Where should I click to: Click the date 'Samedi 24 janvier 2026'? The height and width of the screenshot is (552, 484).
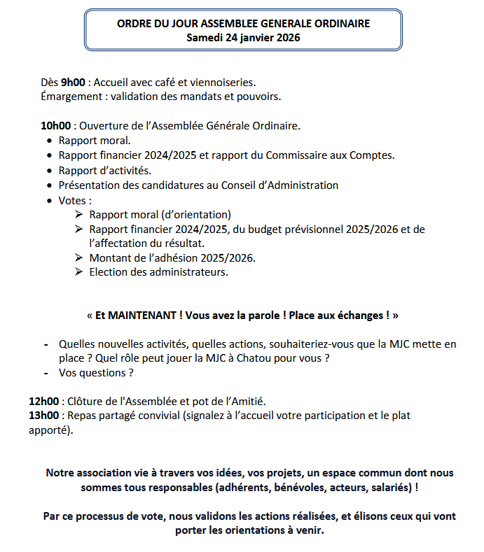(x=243, y=38)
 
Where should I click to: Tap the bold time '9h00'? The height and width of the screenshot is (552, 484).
(x=73, y=82)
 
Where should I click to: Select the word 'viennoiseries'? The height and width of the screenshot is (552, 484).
(x=222, y=82)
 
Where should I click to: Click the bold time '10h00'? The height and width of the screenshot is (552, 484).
(x=56, y=126)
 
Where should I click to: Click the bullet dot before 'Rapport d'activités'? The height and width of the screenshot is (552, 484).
(x=49, y=171)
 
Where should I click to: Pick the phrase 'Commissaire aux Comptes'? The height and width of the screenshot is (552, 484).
(x=335, y=155)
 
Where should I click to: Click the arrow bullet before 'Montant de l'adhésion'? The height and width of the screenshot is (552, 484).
(x=79, y=258)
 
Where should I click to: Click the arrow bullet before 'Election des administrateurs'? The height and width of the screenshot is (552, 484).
(x=79, y=272)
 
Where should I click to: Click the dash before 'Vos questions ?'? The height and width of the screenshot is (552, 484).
(x=46, y=373)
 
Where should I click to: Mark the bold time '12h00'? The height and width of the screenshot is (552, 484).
(x=43, y=402)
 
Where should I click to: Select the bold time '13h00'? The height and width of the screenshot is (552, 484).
(x=43, y=416)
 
